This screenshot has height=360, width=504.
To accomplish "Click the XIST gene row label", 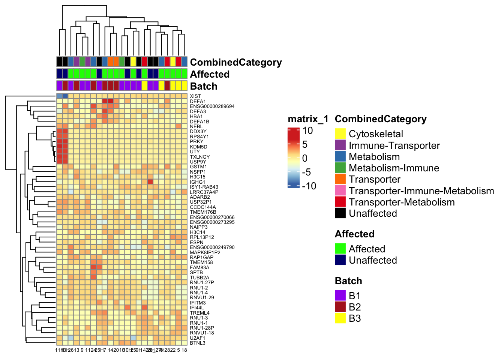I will point(195,96).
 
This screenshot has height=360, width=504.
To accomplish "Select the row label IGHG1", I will point(197,182).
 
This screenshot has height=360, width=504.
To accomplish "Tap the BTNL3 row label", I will point(197,343).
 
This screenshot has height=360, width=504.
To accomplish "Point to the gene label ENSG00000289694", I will point(212,106).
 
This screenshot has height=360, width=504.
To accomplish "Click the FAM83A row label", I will point(199,267).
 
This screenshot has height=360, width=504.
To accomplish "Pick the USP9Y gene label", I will point(198,162).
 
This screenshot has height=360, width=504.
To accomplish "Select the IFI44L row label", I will point(197,307).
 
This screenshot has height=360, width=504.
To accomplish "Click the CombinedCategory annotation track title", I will point(236,62).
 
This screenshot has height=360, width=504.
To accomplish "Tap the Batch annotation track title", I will point(204,86).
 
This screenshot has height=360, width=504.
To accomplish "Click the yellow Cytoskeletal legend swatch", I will point(340,134).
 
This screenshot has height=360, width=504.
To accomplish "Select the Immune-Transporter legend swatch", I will point(340,145).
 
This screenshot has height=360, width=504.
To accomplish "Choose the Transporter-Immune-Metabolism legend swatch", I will point(340,190).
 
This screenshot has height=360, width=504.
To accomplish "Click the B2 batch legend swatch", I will point(340,307).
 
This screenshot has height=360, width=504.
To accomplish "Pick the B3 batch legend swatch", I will point(340,318).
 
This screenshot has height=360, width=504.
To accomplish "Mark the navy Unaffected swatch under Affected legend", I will point(340,260).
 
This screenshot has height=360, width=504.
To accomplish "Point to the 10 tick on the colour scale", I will point(307,131).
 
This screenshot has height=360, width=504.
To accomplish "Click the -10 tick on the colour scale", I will point(309,186).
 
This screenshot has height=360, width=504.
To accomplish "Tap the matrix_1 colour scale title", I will point(308,119).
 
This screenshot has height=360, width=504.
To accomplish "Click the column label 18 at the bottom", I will point(184,350).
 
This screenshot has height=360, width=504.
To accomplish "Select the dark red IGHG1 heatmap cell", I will point(150,182).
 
